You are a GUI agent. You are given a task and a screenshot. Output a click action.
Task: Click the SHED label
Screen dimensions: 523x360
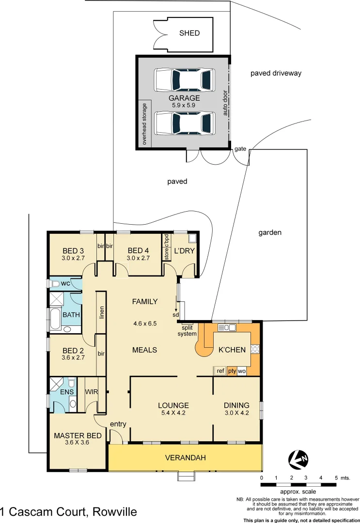(189, 33)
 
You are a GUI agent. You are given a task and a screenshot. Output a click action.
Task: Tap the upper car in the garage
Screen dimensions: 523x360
(184, 79)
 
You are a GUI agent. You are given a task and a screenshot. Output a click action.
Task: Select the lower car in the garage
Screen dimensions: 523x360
(184, 123)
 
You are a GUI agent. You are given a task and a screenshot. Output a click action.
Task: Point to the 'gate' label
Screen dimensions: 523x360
(240, 149)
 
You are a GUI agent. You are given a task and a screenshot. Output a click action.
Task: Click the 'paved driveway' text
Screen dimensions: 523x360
(276, 73)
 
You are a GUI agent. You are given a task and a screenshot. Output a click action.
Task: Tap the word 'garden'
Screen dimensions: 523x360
(269, 232)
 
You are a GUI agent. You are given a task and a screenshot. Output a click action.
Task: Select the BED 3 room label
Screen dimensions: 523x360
(74, 251)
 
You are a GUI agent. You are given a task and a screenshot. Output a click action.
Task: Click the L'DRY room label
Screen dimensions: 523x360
(184, 251)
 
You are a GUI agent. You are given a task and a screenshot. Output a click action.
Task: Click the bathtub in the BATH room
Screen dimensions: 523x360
(54, 320)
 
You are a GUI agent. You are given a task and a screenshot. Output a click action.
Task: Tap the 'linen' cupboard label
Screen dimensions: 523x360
(101, 313)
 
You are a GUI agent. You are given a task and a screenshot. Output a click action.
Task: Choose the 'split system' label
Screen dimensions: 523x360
(187, 331)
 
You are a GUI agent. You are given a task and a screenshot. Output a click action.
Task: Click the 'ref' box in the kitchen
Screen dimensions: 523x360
(220, 371)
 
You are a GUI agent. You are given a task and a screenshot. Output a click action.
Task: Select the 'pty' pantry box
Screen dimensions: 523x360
(232, 371)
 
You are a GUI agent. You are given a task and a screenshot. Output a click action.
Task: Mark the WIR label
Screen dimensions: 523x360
(92, 391)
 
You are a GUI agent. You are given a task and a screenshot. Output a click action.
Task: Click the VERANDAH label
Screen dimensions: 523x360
(186, 458)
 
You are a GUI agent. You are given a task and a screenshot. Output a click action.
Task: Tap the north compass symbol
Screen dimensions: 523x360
(298, 459)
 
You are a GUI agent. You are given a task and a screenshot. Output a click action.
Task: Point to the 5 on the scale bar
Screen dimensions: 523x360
(336, 478)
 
